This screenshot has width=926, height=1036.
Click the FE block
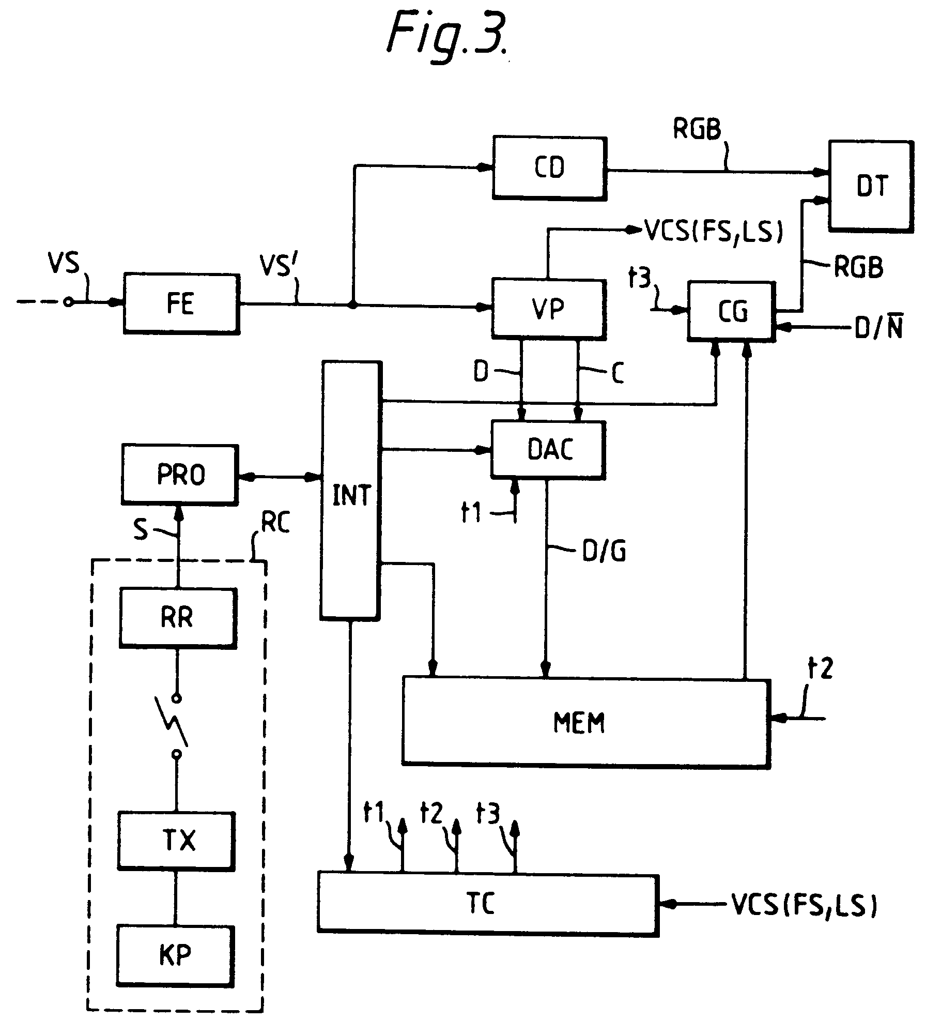[181, 304]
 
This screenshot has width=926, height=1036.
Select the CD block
[549, 167]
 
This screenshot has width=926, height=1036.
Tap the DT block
[871, 186]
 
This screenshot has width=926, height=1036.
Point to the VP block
[548, 309]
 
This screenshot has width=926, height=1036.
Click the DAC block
[548, 449]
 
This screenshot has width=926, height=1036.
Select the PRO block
[180, 474]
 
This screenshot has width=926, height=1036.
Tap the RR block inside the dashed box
[178, 617]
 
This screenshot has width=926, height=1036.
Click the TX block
[176, 840]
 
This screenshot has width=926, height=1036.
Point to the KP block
[175, 954]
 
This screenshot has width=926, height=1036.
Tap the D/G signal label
[604, 551]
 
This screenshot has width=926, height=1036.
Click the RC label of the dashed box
[275, 523]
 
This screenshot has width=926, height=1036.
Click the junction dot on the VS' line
[352, 306]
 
